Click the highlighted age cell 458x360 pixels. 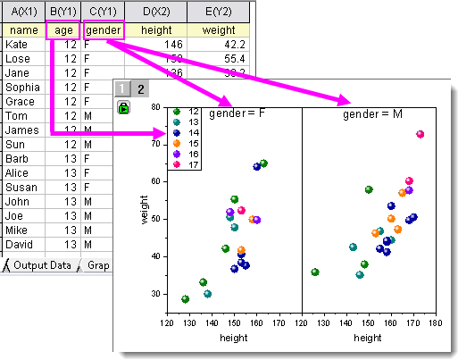point(62,29)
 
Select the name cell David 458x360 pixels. point(20,244)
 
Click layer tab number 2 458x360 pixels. point(140,88)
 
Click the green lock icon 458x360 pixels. point(124,107)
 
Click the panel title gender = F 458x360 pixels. point(236,114)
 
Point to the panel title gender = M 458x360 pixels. point(369,114)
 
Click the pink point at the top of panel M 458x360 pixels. point(421,134)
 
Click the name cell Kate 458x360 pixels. point(18,43)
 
